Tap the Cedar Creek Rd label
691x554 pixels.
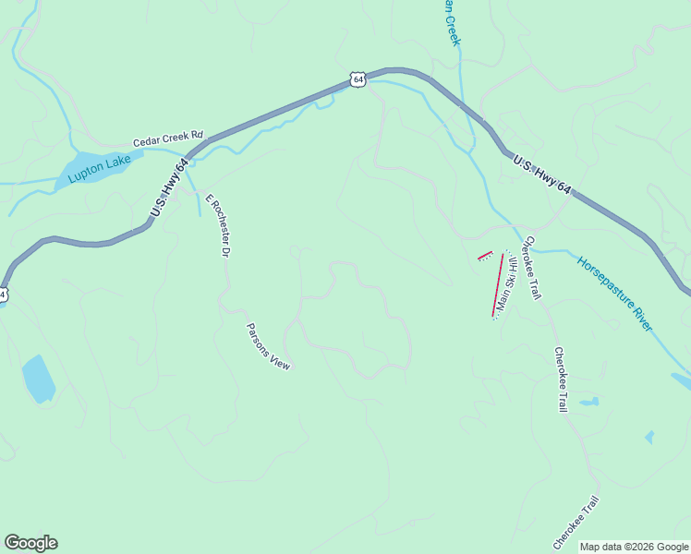(x=167, y=138)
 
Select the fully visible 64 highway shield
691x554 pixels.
(x=358, y=80)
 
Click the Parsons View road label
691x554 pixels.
(x=268, y=346)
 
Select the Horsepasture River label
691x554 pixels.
(x=614, y=294)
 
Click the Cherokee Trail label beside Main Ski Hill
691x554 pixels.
(x=531, y=268)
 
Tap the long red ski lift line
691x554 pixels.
(x=498, y=284)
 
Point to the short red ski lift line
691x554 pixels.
(x=484, y=256)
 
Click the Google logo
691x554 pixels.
(x=30, y=543)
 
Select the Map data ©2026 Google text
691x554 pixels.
(x=634, y=547)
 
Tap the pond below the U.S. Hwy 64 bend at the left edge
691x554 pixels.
(x=38, y=379)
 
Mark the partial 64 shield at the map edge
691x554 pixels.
(x=3, y=295)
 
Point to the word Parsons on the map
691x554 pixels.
(x=259, y=338)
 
